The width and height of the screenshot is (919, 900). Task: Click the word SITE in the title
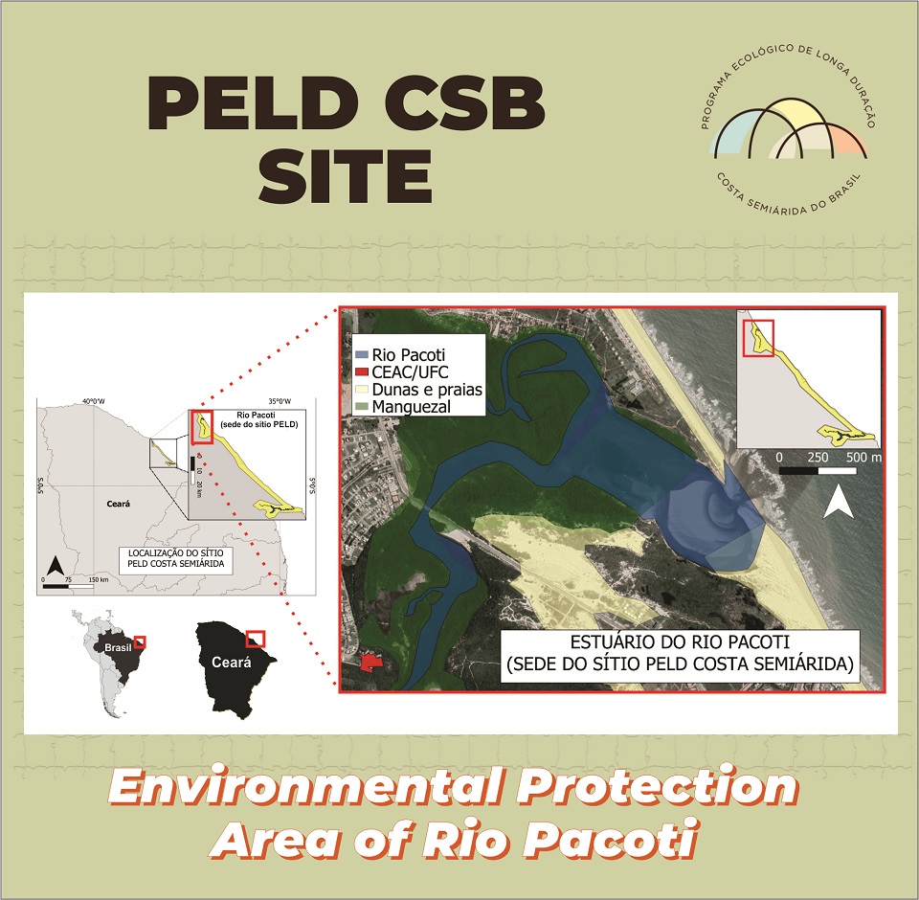pyautogui.click(x=346, y=175)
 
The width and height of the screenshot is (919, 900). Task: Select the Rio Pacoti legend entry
pyautogui.click(x=400, y=354)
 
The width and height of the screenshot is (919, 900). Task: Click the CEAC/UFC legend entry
pyautogui.click(x=401, y=371)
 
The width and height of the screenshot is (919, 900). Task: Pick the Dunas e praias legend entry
pyautogui.click(x=418, y=390)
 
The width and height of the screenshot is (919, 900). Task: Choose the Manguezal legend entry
pyautogui.click(x=403, y=406)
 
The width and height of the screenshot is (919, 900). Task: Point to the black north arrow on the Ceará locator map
pyautogui.click(x=56, y=567)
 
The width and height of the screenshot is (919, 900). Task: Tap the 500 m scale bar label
pyautogui.click(x=863, y=458)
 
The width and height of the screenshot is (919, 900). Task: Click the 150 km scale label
pyautogui.click(x=99, y=580)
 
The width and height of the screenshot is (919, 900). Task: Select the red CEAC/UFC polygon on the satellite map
pyautogui.click(x=370, y=663)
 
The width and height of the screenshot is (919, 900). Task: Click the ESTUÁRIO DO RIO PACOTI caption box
pyautogui.click(x=680, y=656)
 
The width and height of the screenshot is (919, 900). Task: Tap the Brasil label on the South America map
pyautogui.click(x=118, y=648)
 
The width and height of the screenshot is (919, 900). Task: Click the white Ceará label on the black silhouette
pyautogui.click(x=232, y=663)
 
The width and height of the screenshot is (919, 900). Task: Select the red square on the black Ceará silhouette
pyautogui.click(x=256, y=639)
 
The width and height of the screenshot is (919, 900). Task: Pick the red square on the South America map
pyautogui.click(x=140, y=642)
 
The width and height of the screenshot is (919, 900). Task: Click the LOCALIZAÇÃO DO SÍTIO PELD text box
pyautogui.click(x=176, y=558)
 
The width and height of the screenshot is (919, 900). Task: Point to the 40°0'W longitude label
pyautogui.click(x=94, y=401)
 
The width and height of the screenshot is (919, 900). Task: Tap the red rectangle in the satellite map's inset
pyautogui.click(x=758, y=338)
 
